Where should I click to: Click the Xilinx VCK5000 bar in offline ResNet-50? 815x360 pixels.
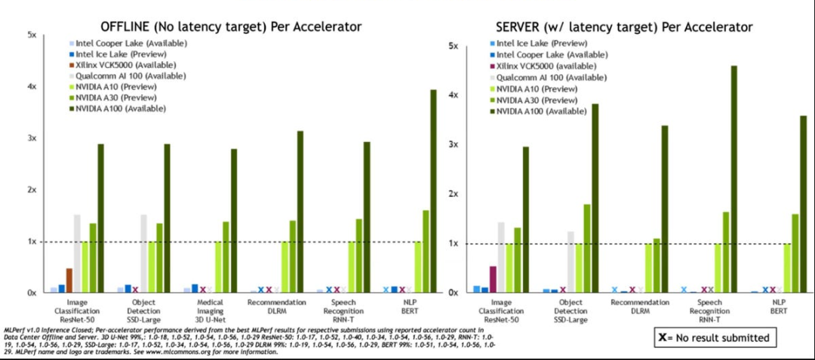click(x=69, y=280)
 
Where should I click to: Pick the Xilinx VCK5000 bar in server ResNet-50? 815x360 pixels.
click(x=493, y=279)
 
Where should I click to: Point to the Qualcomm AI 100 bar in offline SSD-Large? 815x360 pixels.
click(x=143, y=254)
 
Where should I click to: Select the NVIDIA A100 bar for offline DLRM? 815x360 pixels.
click(x=300, y=211)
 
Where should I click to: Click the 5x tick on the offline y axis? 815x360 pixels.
click(x=32, y=35)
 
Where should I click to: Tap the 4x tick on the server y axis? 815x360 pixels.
click(x=454, y=95)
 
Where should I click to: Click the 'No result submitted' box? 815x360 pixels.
click(x=713, y=337)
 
